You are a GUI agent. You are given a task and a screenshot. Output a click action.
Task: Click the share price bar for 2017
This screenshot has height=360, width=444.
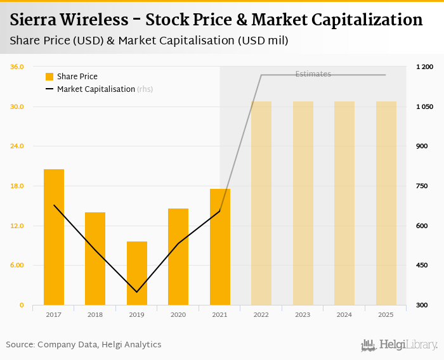[54, 237]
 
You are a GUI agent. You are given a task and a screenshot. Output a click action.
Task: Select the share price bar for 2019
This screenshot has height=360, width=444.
[137, 273]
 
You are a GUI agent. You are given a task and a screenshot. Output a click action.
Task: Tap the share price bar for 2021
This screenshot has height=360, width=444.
[220, 247]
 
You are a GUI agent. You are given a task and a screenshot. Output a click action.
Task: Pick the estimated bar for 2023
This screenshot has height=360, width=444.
[303, 203]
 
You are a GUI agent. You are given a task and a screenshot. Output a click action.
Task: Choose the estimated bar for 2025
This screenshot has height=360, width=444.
[386, 203]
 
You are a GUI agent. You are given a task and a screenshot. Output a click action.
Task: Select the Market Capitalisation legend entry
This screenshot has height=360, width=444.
[95, 89]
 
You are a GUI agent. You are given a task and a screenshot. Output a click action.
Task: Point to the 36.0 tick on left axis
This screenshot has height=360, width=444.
[17, 67]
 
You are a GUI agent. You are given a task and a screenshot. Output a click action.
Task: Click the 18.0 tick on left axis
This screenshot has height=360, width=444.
[17, 186]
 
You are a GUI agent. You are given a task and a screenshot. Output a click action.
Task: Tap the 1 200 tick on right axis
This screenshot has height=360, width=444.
[424, 67]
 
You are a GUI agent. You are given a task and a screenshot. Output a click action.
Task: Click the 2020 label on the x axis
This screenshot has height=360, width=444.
[178, 314]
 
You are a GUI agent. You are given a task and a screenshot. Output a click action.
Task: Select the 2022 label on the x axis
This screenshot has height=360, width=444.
[261, 314]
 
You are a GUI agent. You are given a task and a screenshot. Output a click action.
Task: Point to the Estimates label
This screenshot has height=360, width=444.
[313, 74]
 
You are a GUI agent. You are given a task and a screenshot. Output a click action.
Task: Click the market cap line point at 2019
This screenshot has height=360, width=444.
[137, 292]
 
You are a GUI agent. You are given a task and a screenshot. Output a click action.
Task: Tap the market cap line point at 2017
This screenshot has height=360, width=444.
[54, 205]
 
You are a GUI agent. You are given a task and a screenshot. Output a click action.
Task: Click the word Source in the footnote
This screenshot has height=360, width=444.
[20, 345]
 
